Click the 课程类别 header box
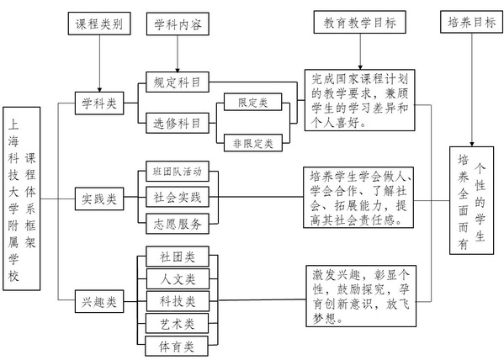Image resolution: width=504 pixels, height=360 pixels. pyautogui.click(x=99, y=24)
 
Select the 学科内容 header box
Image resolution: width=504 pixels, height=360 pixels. pyautogui.click(x=178, y=24)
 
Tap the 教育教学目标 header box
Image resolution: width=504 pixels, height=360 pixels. pyautogui.click(x=359, y=22)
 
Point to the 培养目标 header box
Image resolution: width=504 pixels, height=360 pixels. pyautogui.click(x=471, y=22)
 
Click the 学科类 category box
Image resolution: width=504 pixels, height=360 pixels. pyautogui.click(x=99, y=103)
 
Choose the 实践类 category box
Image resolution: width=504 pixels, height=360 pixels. pyautogui.click(x=99, y=199)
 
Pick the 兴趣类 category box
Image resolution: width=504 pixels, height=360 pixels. pyautogui.click(x=99, y=301)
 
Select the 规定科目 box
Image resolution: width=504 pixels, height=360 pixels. pyautogui.click(x=178, y=82)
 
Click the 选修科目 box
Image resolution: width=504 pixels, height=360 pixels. pyautogui.click(x=178, y=123)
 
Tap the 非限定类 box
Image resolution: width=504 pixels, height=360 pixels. pyautogui.click(x=253, y=143)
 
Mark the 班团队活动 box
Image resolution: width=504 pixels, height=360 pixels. pyautogui.click(x=178, y=172)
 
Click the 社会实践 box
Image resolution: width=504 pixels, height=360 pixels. pyautogui.click(x=178, y=197)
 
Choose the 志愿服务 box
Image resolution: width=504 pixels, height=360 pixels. pyautogui.click(x=178, y=224)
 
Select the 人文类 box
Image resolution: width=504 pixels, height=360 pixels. pyautogui.click(x=178, y=278)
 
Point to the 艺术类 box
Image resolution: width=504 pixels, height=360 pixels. pyautogui.click(x=177, y=323)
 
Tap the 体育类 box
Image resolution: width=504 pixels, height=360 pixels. pyautogui.click(x=177, y=346)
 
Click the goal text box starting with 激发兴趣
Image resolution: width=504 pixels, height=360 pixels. pyautogui.click(x=361, y=296)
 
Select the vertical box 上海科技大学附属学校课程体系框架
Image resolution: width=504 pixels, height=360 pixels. pyautogui.click(x=22, y=199)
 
